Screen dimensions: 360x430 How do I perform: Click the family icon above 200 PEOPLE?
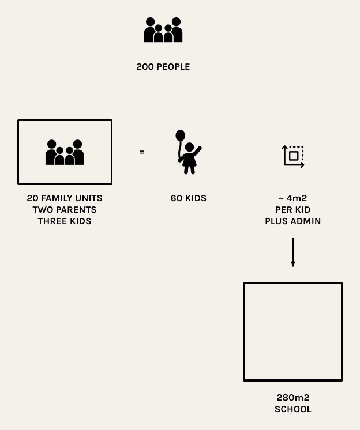(163, 29)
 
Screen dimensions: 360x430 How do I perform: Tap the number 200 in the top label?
(145, 67)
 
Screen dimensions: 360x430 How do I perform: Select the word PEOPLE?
(173, 67)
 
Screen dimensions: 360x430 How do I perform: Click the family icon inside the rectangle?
(65, 152)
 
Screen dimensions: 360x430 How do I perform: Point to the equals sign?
(142, 152)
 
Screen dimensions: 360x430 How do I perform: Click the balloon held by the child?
(180, 135)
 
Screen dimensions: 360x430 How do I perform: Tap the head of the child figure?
(189, 147)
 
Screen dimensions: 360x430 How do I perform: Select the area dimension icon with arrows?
(293, 156)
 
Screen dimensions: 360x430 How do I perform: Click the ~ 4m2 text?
(292, 198)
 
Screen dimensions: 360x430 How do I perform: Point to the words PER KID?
(292, 209)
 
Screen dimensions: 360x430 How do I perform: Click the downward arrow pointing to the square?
(293, 252)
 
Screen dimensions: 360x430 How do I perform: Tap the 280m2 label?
(292, 397)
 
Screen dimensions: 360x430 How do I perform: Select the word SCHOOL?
(292, 409)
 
